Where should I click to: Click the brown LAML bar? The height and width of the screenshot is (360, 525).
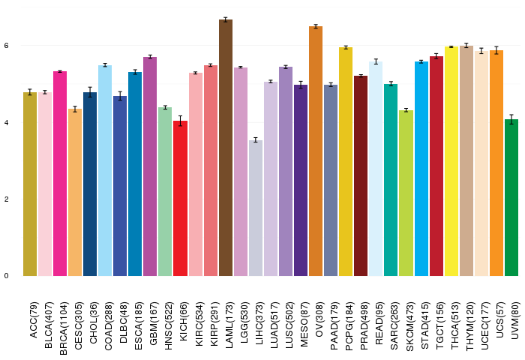[226, 148]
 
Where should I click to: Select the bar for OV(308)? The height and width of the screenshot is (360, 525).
[316, 151]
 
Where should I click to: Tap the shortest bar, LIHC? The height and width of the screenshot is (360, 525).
[256, 208]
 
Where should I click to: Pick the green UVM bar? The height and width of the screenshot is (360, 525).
[511, 197]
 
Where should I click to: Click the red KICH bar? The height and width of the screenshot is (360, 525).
[181, 198]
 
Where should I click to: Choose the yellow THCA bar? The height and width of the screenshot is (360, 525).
[451, 161]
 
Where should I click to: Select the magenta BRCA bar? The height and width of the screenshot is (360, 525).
[60, 173]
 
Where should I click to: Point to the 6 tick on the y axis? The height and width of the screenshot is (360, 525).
[6, 46]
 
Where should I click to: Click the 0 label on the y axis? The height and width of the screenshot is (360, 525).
[6, 276]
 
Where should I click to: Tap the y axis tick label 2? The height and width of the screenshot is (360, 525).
[6, 199]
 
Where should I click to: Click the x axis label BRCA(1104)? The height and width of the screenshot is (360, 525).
[64, 328]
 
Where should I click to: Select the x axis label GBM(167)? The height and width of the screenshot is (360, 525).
[154, 323]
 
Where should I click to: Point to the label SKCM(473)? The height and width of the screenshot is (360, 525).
[409, 326]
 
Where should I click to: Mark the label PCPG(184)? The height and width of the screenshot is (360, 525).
[349, 326]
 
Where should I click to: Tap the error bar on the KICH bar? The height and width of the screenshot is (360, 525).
[181, 121]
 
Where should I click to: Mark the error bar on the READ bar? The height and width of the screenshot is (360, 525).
[376, 61]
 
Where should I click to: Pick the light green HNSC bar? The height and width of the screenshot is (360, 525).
[165, 191]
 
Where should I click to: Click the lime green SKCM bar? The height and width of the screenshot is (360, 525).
[406, 193]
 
